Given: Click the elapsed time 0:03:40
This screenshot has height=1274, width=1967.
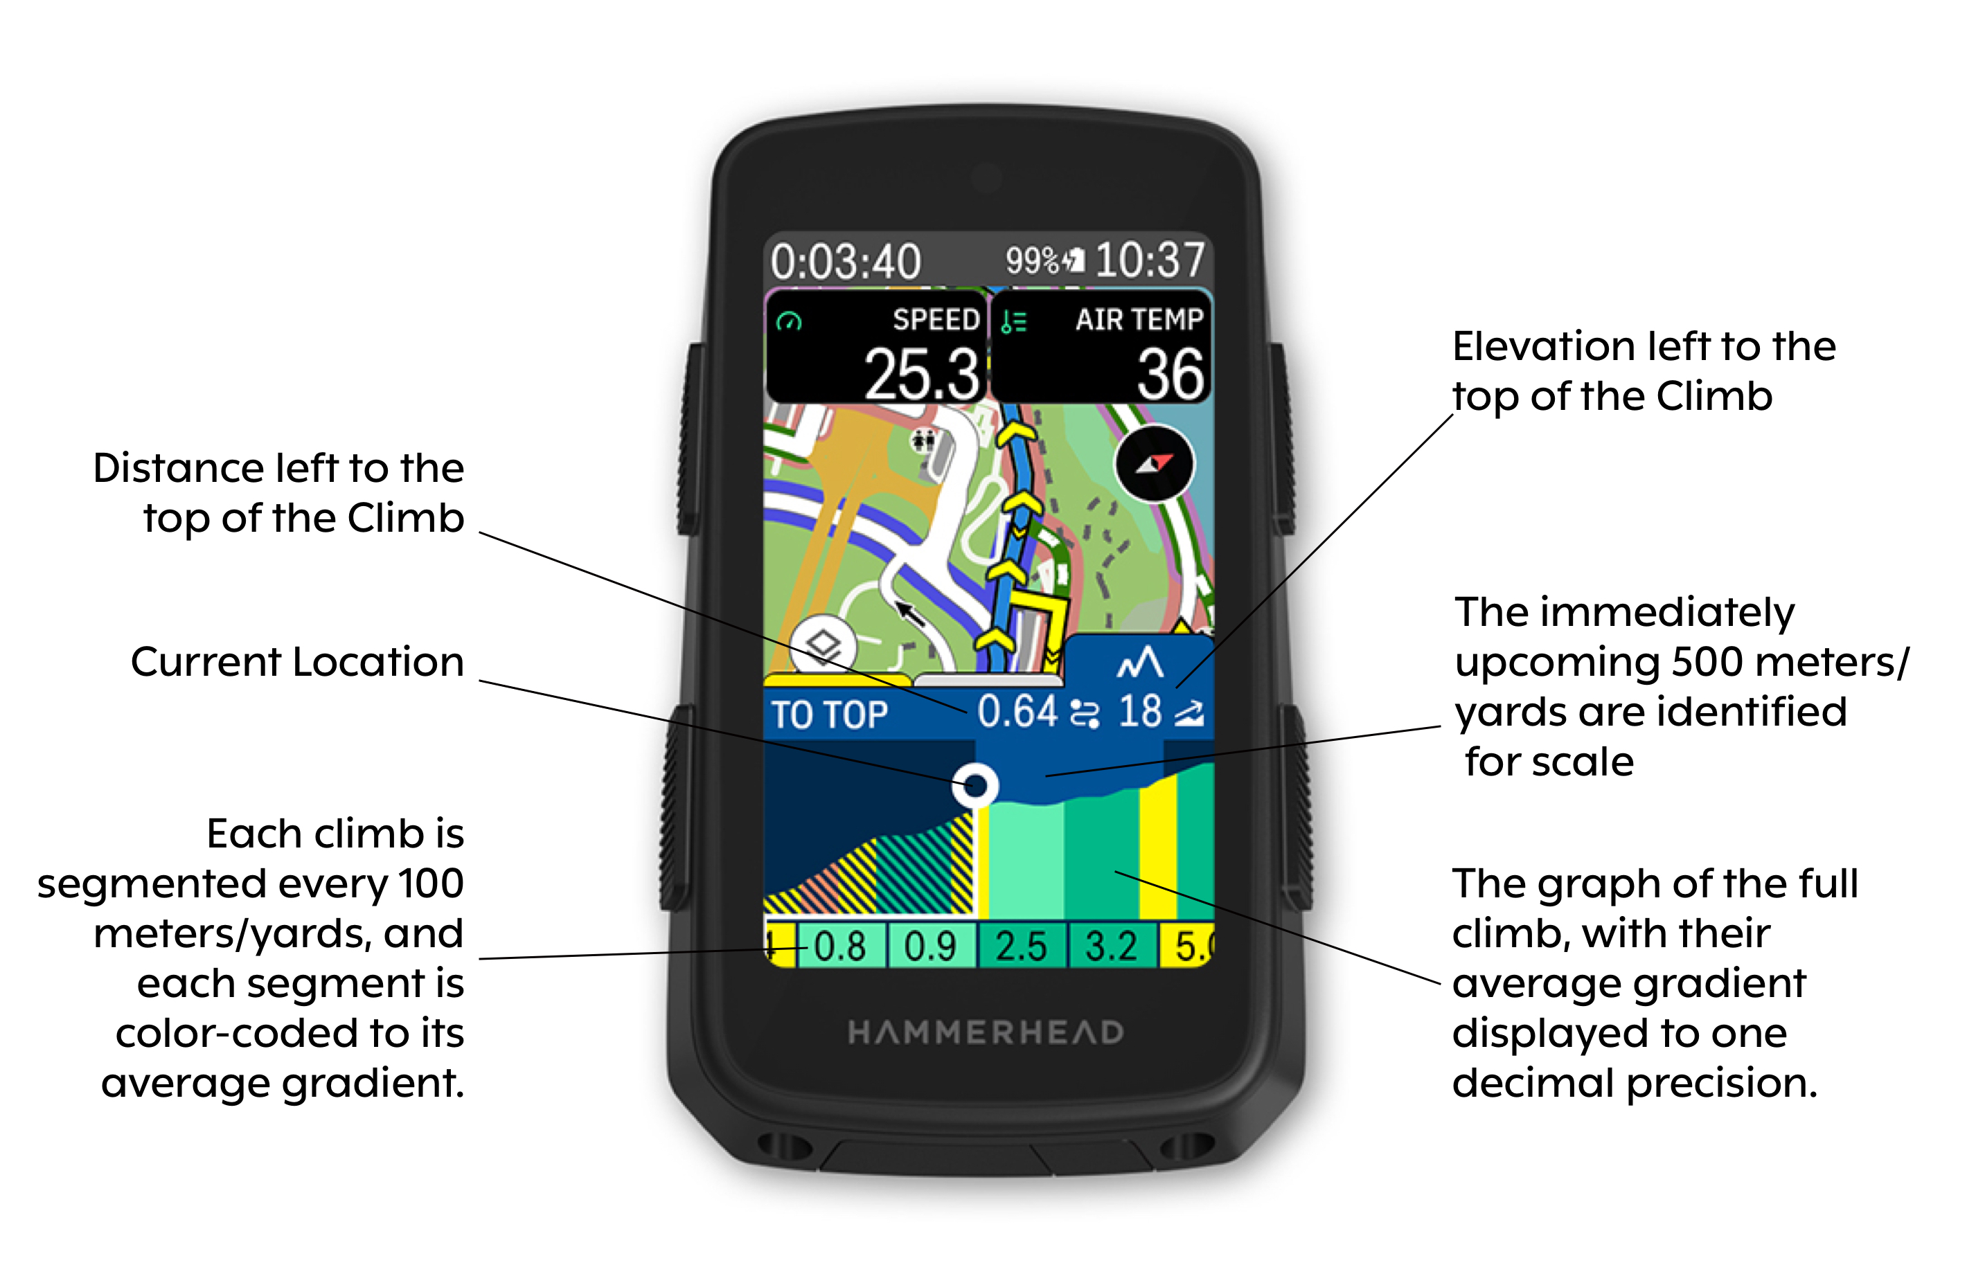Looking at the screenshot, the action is pyautogui.click(x=845, y=262).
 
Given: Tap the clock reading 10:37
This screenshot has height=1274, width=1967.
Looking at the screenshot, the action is pyautogui.click(x=1150, y=260).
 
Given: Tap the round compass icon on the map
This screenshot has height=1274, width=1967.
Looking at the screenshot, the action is pyautogui.click(x=1155, y=463).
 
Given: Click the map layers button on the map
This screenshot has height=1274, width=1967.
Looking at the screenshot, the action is pyautogui.click(x=824, y=645).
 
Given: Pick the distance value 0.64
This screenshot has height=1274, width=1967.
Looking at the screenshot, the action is pyautogui.click(x=1017, y=711).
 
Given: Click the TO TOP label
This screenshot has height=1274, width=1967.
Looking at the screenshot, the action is pyautogui.click(x=829, y=715).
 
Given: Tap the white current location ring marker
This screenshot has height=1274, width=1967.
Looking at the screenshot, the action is pyautogui.click(x=975, y=785).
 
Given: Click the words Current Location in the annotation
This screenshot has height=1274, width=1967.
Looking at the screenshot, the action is pyautogui.click(x=298, y=662).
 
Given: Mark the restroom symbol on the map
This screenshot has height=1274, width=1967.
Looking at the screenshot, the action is pyautogui.click(x=923, y=440).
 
